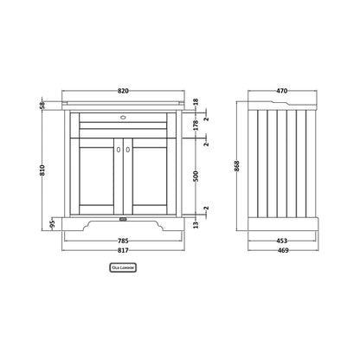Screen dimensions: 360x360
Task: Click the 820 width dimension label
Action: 123,91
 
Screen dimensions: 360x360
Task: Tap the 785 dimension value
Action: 123,241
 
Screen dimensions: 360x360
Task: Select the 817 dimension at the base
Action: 123,250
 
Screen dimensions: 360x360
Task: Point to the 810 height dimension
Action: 42,170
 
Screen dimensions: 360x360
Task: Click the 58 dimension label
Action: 42,105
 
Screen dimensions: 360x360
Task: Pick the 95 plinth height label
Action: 52,224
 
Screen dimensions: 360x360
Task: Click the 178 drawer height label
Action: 196,125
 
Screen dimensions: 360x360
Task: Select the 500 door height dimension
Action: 196,177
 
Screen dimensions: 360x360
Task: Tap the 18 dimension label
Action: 196,102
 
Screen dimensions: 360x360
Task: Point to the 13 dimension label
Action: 196,224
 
